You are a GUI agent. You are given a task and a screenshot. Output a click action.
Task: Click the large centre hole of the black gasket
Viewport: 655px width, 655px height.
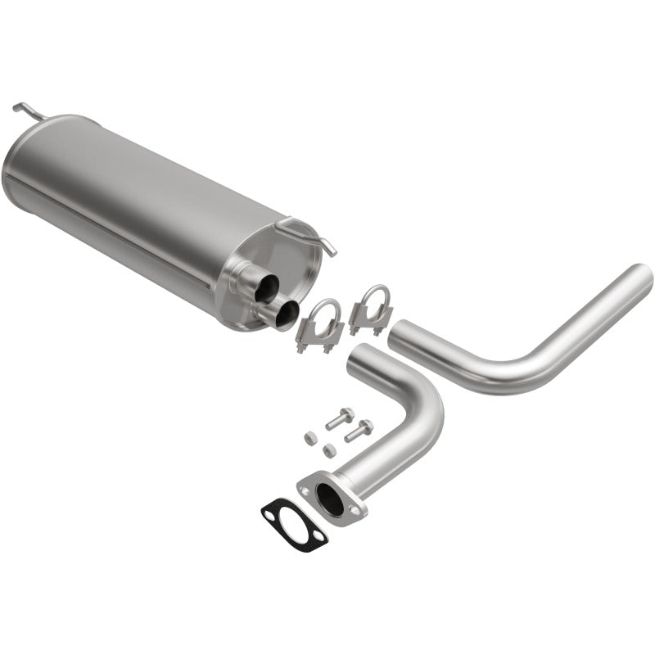point(293,524)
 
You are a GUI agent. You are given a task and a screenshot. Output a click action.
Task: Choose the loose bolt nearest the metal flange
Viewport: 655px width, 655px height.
point(358,430)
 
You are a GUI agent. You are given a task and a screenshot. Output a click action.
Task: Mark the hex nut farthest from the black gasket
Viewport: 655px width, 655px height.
point(310,437)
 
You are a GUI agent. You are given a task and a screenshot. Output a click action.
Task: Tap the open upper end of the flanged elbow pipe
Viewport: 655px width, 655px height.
point(359,355)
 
